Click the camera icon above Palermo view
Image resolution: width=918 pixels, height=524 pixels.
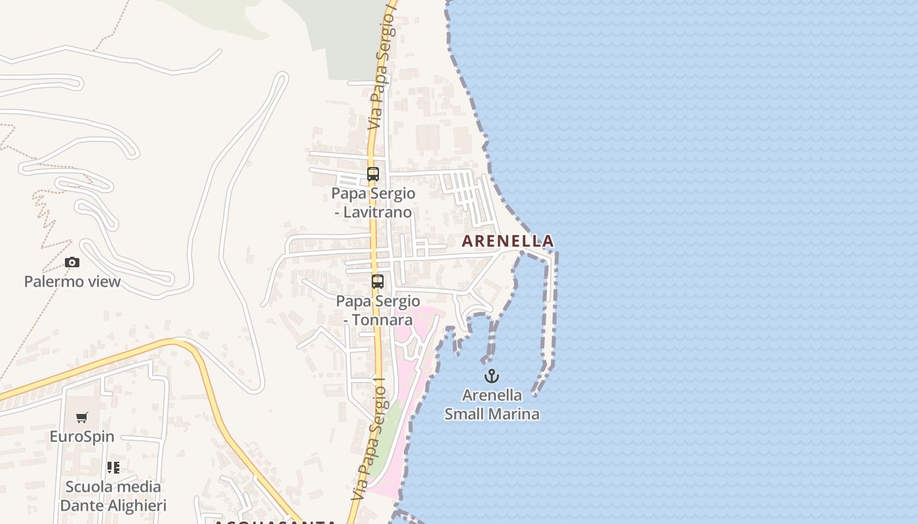tap(72, 263)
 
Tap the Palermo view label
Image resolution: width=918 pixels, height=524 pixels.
tap(72, 282)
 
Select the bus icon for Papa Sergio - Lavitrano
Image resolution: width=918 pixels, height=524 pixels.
tap(373, 174)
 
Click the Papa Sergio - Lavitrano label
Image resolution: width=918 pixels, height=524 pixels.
tap(373, 202)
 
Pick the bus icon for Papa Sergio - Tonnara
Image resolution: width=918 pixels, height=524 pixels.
tap(378, 282)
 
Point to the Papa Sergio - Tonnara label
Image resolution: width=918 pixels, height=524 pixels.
tap(378, 310)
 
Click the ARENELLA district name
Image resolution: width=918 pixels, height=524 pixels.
tap(508, 241)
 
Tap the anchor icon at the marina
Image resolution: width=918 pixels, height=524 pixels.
tap(492, 376)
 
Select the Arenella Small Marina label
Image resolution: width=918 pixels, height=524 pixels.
tap(492, 404)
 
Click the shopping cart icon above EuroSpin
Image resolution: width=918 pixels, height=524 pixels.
tap(82, 417)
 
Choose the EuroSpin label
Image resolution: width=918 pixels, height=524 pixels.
tap(82, 436)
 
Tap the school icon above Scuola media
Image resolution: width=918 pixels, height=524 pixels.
tap(113, 468)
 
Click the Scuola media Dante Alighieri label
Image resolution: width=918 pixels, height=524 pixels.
tap(113, 496)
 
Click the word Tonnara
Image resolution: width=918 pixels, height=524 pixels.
tap(384, 320)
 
